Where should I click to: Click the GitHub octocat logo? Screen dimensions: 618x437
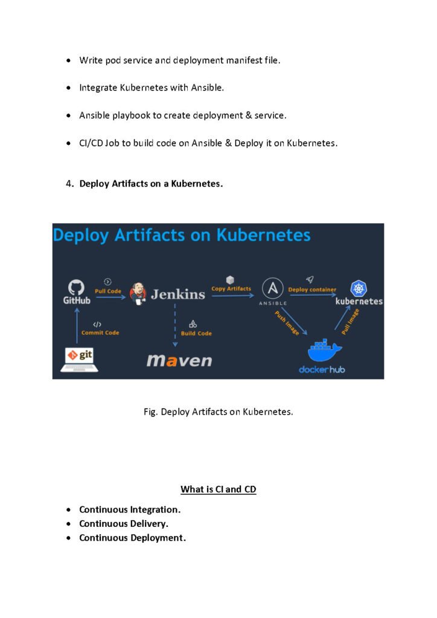tap(77, 286)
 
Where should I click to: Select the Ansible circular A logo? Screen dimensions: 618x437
tap(273, 288)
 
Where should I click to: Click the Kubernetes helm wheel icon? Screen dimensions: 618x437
tap(359, 288)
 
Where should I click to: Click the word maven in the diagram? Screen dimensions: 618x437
tap(179, 361)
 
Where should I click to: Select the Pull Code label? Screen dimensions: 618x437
tap(108, 291)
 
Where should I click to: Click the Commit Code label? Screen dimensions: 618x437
tap(100, 333)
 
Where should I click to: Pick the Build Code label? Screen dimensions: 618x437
tap(196, 333)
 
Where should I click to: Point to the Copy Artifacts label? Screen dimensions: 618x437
tap(231, 288)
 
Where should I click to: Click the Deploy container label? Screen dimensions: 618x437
tap(312, 290)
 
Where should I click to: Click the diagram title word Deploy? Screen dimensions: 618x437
tap(82, 235)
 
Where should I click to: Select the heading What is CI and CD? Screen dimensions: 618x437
tap(218, 489)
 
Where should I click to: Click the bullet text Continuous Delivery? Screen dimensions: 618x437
tap(124, 523)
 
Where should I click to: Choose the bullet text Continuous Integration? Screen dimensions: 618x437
tap(130, 509)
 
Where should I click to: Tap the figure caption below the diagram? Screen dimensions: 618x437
tap(218, 412)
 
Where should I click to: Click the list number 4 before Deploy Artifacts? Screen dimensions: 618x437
tap(69, 183)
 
